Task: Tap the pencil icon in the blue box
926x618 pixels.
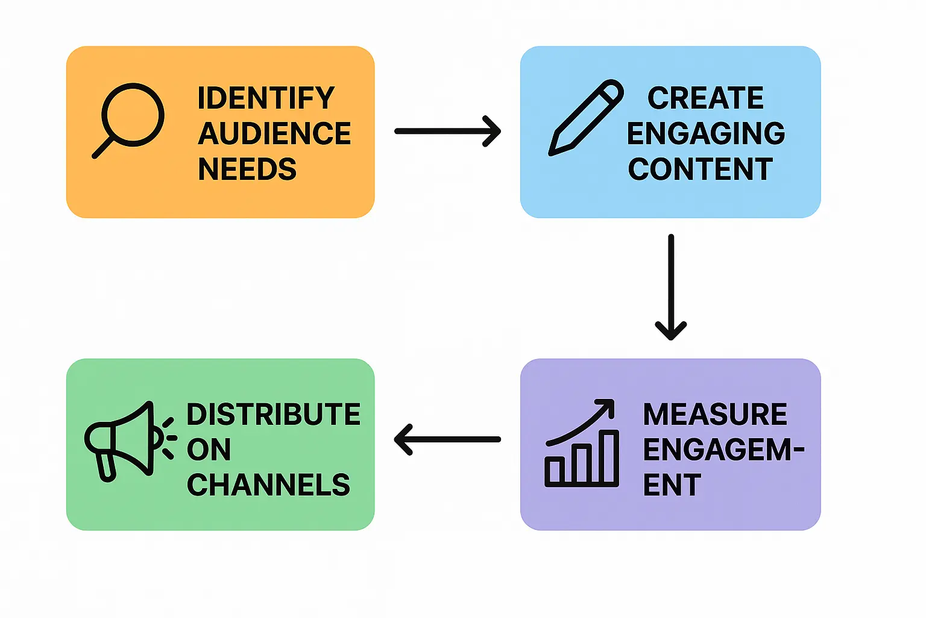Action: (585, 117)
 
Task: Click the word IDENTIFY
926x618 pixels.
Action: (266, 98)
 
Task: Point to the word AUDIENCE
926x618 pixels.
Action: (274, 133)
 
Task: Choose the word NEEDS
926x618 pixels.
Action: (247, 169)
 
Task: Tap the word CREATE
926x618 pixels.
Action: (705, 98)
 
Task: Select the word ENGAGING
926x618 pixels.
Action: (705, 133)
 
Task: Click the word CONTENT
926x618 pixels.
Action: (700, 169)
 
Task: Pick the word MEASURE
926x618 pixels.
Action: (715, 415)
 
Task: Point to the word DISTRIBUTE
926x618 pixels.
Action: (273, 415)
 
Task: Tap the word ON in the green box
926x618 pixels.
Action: (209, 450)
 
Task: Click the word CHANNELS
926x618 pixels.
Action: (268, 485)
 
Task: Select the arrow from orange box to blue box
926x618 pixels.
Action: (447, 131)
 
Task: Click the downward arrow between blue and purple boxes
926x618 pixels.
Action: (670, 287)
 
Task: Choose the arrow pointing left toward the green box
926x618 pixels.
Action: (447, 439)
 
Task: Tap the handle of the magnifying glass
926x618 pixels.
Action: (103, 147)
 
